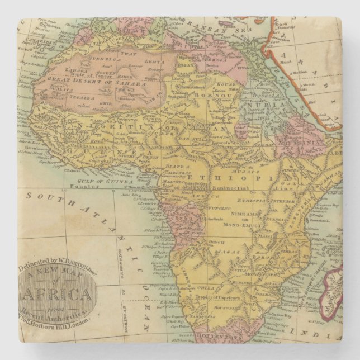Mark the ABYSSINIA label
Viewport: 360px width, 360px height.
pos(301,142)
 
